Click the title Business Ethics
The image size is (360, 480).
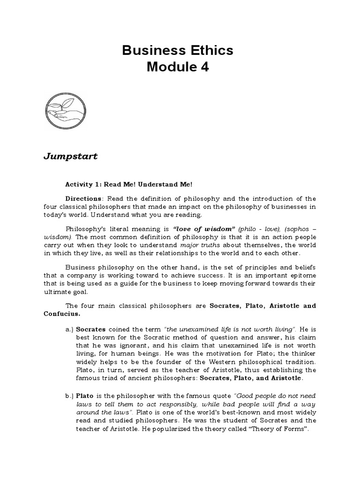click(x=177, y=51)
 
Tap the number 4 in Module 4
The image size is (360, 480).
click(x=205, y=67)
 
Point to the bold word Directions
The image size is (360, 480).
click(x=82, y=198)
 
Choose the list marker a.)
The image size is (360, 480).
click(x=69, y=330)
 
